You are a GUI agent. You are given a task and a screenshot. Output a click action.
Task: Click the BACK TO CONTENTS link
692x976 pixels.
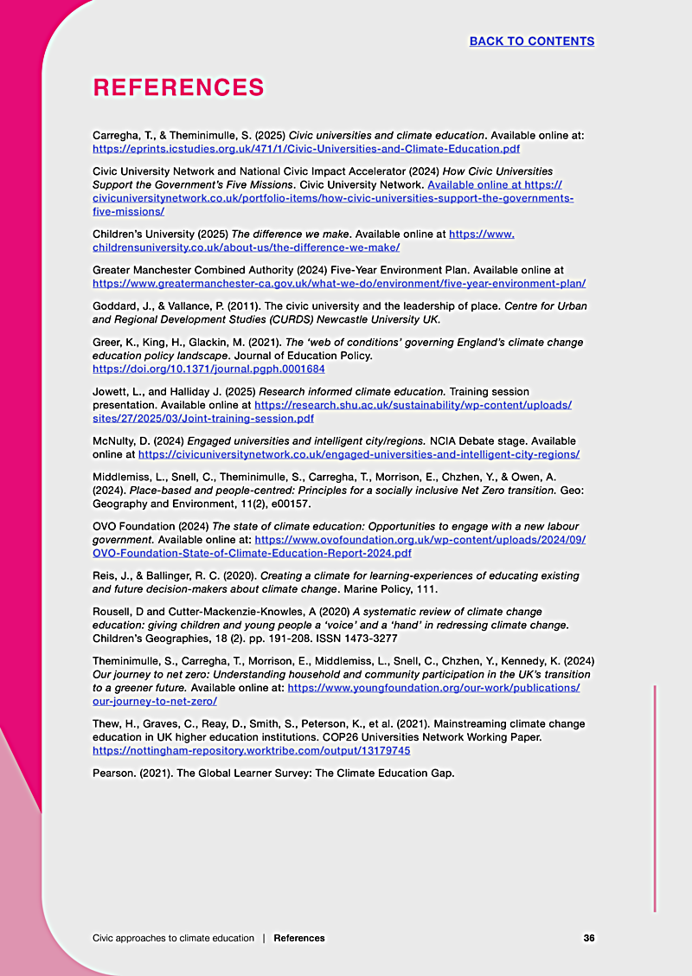(531, 42)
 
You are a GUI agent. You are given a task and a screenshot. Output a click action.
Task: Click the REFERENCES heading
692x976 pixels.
(178, 87)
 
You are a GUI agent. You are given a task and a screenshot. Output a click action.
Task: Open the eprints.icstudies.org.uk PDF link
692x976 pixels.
(306, 149)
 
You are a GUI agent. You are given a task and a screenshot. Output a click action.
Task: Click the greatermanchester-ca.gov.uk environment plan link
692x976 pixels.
(339, 283)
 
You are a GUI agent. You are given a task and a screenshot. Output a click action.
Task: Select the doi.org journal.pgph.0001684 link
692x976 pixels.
(208, 369)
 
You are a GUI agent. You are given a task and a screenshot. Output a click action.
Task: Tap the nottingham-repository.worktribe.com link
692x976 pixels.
(251, 750)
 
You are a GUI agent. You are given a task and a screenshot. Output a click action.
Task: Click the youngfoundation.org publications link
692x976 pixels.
(432, 688)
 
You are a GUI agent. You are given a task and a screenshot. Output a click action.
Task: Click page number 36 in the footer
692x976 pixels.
(589, 938)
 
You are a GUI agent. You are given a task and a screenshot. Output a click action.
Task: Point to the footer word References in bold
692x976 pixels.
(299, 938)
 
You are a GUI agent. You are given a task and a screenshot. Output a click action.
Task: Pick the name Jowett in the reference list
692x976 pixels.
(112, 392)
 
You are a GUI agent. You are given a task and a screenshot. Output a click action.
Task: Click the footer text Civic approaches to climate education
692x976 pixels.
(173, 938)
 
